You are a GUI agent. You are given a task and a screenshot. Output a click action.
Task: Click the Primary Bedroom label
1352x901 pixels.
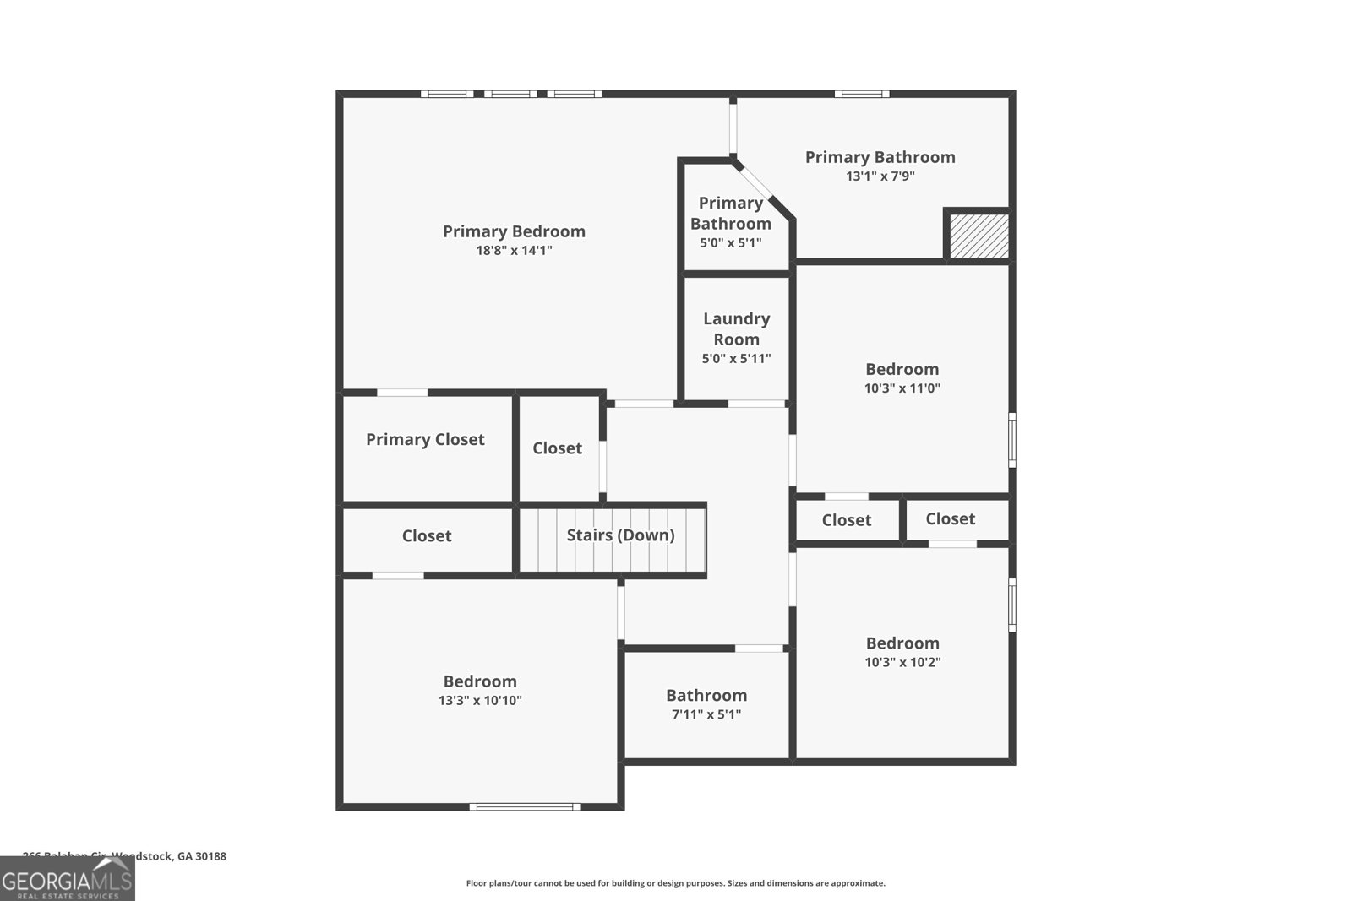(514, 231)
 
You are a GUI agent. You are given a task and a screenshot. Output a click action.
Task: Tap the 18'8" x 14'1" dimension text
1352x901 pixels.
(514, 251)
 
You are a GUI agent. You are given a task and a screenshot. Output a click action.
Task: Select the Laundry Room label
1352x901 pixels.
(736, 328)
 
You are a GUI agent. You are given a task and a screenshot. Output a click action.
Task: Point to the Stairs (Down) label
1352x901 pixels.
(620, 535)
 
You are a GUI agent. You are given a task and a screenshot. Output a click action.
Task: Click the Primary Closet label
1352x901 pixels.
(425, 439)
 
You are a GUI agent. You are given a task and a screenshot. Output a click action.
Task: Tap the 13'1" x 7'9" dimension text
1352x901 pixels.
(880, 176)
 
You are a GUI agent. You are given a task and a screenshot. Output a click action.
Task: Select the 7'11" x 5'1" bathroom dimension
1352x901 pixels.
(706, 714)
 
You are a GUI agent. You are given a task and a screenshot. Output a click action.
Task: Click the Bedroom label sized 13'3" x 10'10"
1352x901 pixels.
(480, 681)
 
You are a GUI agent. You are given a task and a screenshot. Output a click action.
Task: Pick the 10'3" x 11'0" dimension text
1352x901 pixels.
(902, 388)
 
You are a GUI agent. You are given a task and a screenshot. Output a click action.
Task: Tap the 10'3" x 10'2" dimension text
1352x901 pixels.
(902, 662)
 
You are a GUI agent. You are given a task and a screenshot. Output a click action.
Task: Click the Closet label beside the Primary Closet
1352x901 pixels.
(557, 448)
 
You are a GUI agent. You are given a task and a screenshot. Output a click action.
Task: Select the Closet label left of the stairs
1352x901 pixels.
(427, 535)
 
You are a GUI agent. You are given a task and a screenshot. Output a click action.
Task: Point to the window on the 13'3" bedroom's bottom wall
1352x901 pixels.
(525, 806)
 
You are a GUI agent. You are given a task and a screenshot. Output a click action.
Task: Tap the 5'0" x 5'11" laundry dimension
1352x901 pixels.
(736, 358)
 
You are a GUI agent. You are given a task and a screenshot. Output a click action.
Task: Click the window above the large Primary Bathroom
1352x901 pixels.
(861, 94)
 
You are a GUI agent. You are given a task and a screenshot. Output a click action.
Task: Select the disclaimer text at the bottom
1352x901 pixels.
(675, 883)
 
